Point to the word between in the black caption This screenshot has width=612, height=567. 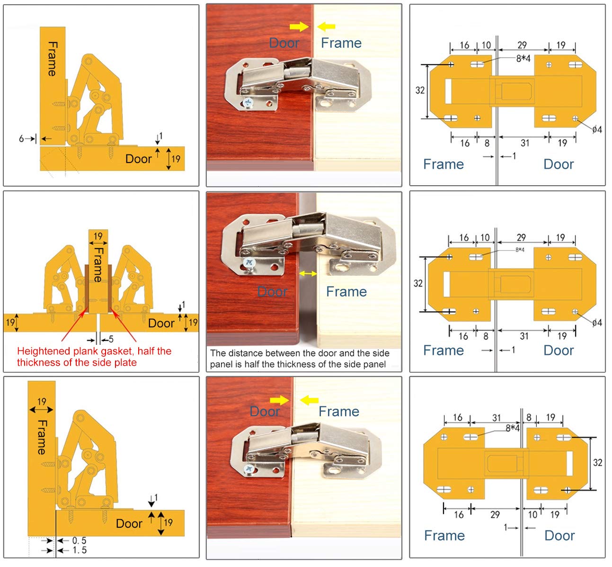coord(283,353)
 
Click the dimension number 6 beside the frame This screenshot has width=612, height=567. coord(21,139)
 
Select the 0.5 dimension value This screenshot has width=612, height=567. coord(79,540)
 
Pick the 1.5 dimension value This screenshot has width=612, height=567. coord(79,550)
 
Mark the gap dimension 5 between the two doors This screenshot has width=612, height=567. coord(111,339)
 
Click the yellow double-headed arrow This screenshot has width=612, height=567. coord(308,274)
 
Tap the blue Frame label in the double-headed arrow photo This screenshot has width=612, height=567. coord(346,292)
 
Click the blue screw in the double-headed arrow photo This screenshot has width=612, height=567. coord(248,262)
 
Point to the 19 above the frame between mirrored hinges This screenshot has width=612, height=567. coord(98,236)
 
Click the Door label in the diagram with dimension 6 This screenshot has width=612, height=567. coord(138,159)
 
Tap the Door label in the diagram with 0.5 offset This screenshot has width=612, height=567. coord(129,523)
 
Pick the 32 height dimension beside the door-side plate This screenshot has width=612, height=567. coord(597,463)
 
